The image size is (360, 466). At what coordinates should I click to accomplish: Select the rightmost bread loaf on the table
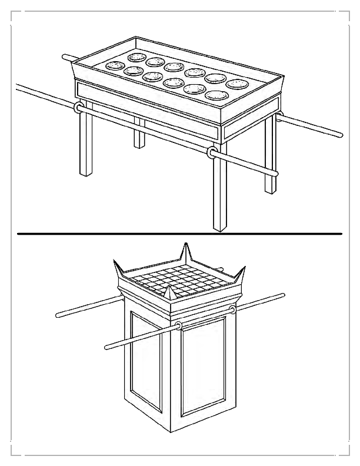[x=236, y=84]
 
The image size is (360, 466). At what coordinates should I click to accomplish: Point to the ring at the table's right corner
[x=279, y=115]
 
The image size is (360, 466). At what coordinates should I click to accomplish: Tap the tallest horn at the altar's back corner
[x=186, y=254]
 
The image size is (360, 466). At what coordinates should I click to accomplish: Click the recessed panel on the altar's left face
[x=146, y=359]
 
